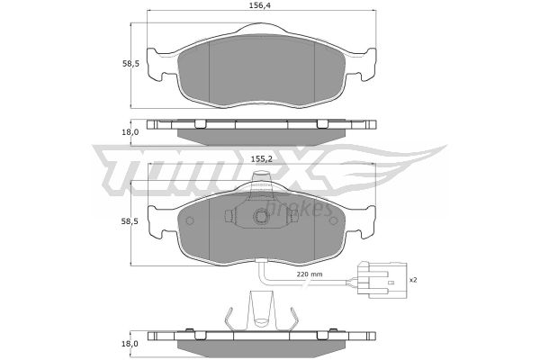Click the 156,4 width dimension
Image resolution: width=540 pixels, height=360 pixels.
click(x=262, y=5)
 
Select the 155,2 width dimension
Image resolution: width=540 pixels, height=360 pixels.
click(x=261, y=158)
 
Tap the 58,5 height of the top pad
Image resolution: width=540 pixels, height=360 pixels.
click(x=130, y=63)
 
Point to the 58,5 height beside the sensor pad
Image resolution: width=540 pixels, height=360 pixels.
click(x=130, y=221)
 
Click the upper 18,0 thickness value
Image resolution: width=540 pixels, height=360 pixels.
click(x=130, y=132)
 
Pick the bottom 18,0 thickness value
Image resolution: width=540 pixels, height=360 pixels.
click(x=130, y=343)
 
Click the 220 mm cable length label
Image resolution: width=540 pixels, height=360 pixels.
click(x=310, y=274)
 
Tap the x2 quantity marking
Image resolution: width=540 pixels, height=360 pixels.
click(x=413, y=280)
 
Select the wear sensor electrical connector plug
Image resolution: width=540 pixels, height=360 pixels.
click(x=382, y=280)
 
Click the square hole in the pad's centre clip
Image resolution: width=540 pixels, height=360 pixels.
click(x=261, y=217)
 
